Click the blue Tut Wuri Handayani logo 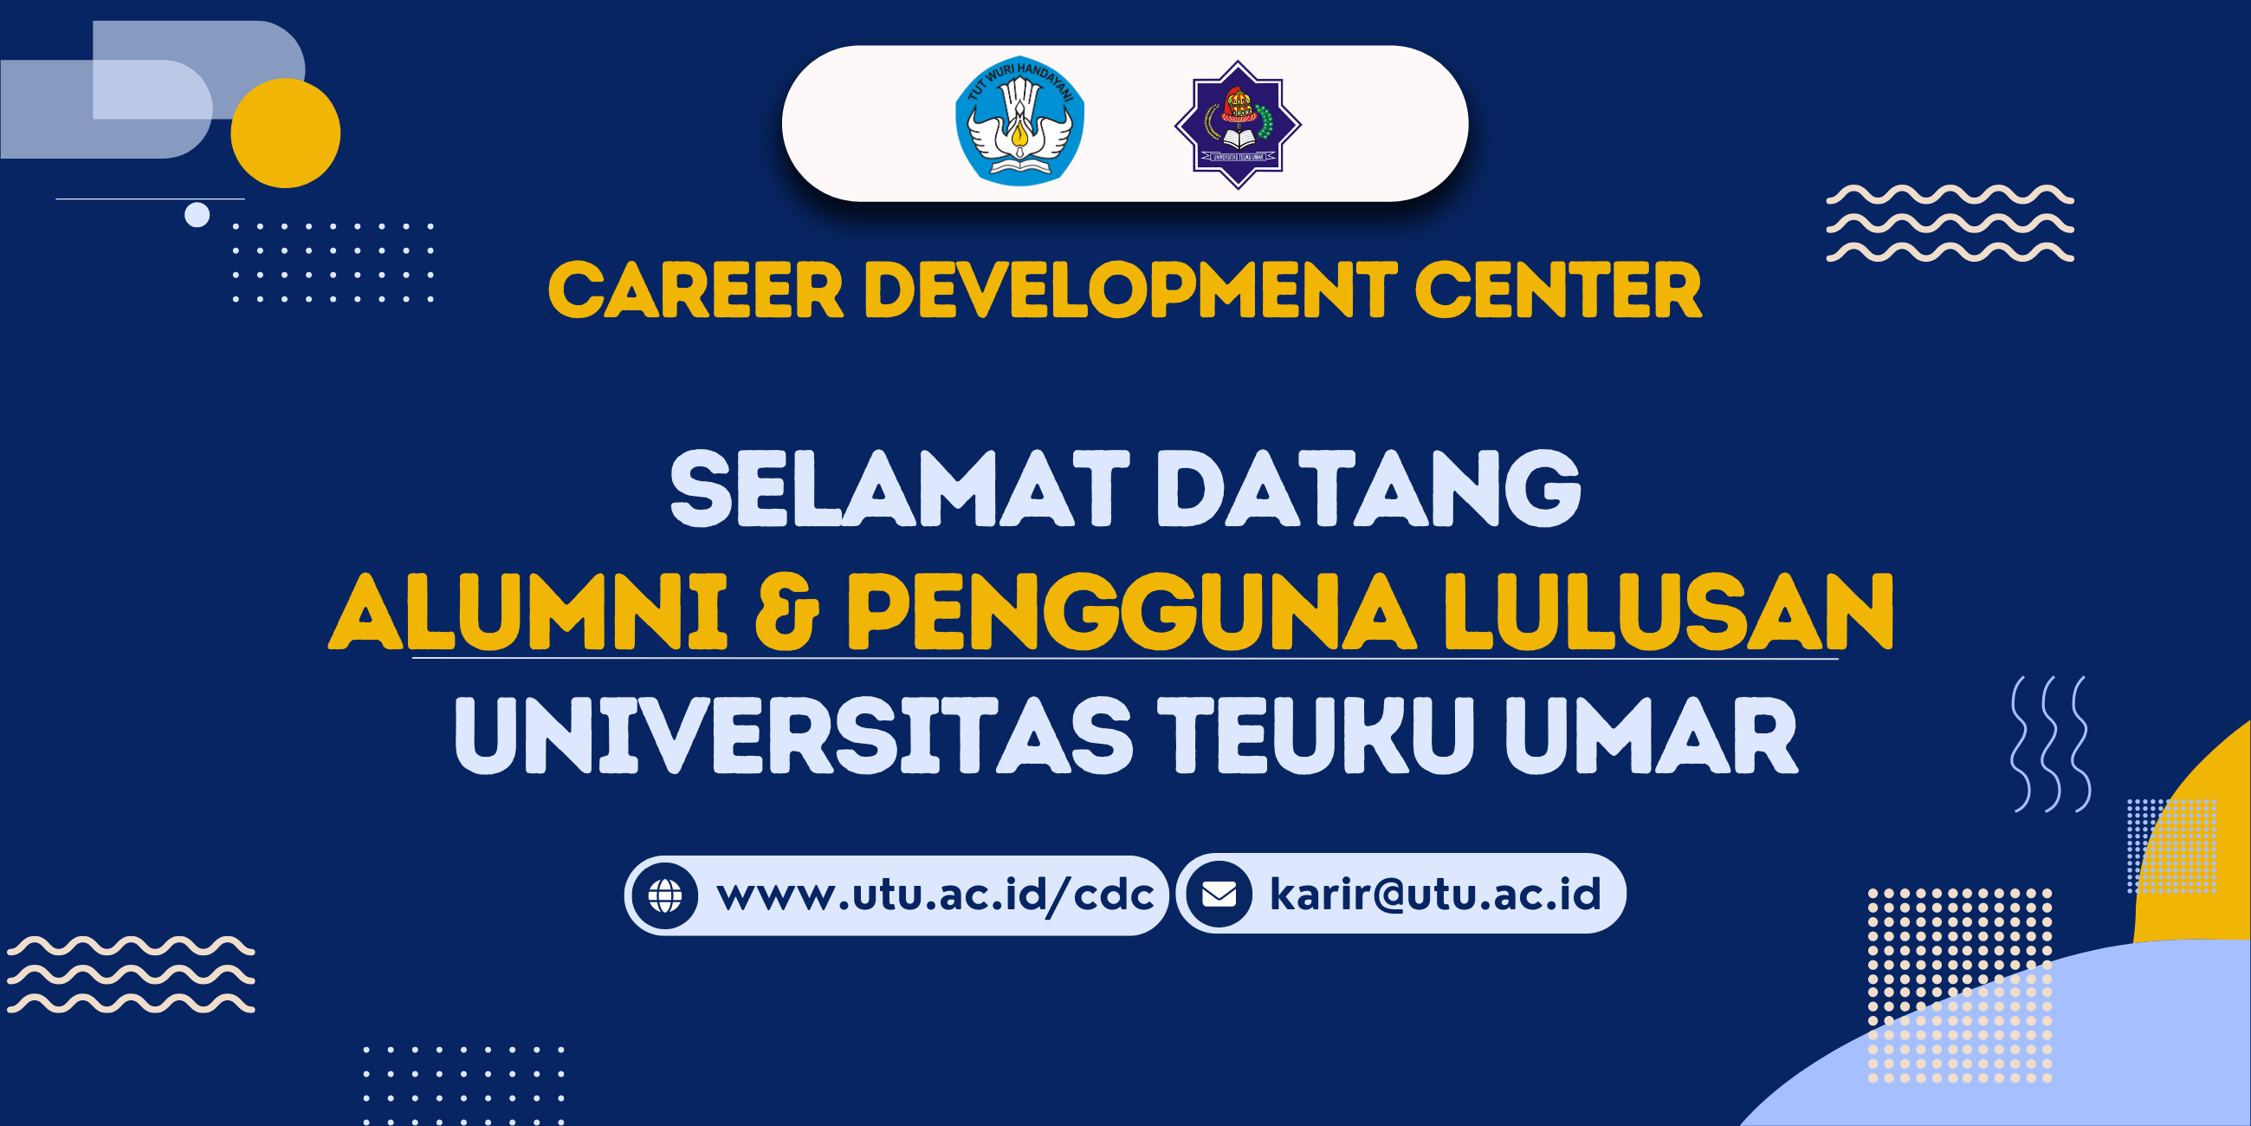1019,121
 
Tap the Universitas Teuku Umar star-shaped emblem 1239,124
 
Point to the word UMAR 1653,735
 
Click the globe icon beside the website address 665,895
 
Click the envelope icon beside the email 1219,894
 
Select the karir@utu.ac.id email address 1436,894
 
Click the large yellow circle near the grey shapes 286,133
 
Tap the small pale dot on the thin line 197,214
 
